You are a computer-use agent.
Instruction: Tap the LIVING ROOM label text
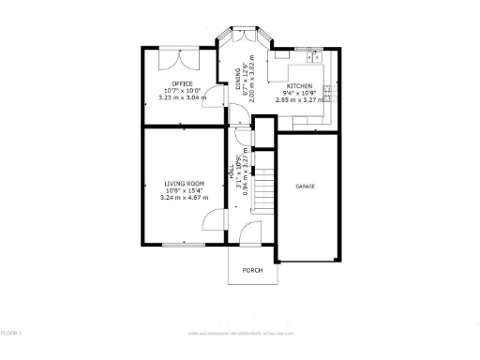pos(182,184)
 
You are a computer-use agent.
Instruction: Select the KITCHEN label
pos(299,85)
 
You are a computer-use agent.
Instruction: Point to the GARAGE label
pos(306,187)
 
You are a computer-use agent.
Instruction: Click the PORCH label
pos(252,271)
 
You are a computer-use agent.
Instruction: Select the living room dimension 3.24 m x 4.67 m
pos(182,198)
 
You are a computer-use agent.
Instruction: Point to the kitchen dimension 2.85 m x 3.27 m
pos(300,98)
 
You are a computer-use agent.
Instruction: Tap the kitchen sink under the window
pos(311,55)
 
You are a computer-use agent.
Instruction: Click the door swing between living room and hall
pos(216,222)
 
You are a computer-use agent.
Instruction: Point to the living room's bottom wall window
pos(178,245)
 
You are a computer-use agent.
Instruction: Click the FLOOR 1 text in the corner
pos(11,333)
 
